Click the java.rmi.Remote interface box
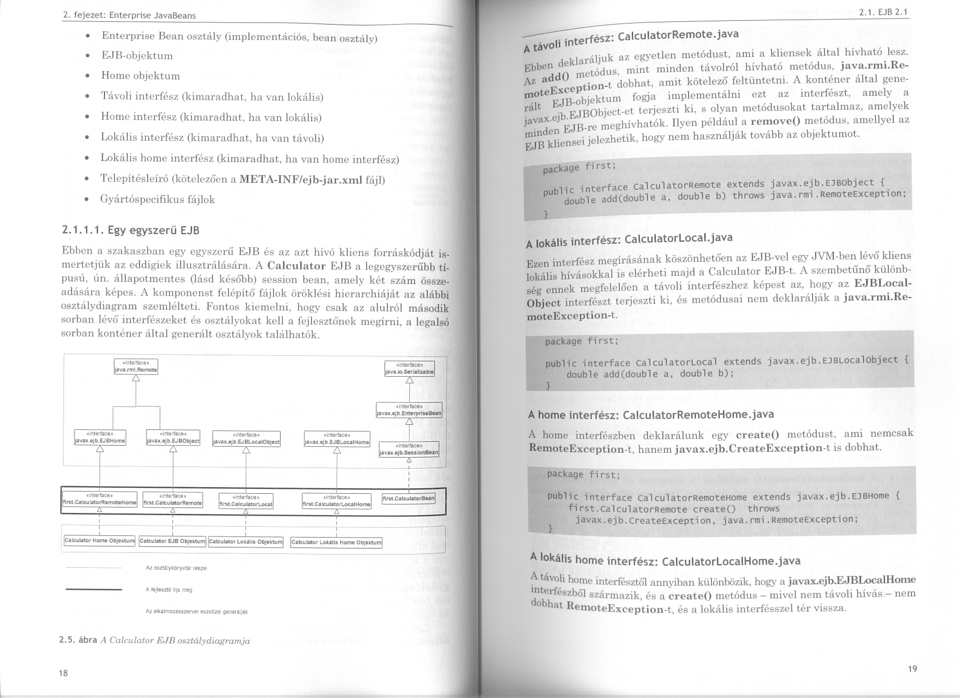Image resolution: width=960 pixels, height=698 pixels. click(136, 367)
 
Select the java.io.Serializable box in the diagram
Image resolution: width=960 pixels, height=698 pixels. click(410, 369)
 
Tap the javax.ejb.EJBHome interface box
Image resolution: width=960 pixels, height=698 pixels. click(100, 437)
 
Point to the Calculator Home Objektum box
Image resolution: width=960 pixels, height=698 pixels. click(99, 540)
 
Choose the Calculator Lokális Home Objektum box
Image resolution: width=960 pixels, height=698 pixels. click(336, 543)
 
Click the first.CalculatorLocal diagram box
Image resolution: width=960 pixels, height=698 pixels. click(246, 501)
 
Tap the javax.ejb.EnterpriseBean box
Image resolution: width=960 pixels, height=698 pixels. click(409, 410)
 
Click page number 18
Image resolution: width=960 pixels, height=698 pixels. click(63, 673)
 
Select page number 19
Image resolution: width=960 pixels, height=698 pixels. click(912, 668)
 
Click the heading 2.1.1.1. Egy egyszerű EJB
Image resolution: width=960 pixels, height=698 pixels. click(131, 230)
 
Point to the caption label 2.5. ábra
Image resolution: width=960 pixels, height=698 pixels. click(78, 641)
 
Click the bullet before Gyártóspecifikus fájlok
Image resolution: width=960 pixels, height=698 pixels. click(87, 199)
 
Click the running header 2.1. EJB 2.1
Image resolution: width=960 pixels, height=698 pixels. click(883, 13)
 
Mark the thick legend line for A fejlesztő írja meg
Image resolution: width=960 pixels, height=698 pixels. click(94, 590)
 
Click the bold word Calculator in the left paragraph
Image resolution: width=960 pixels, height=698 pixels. click(297, 267)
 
